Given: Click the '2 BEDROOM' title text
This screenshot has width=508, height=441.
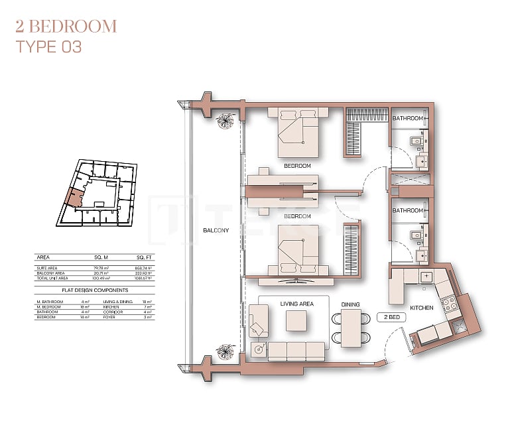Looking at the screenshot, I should (x=66, y=27).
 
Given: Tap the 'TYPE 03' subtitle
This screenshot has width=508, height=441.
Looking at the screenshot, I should (x=48, y=47).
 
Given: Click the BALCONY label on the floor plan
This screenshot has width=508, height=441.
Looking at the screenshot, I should (x=216, y=231).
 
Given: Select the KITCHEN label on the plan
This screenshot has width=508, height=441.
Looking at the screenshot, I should (x=421, y=308).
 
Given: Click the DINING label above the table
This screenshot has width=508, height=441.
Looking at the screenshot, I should (x=350, y=304).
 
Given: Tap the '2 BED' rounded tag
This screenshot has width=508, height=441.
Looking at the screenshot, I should (x=391, y=318).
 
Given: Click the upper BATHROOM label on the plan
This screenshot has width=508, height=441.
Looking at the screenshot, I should (x=407, y=118).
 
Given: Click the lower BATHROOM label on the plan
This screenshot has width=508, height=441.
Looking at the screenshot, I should (x=407, y=210).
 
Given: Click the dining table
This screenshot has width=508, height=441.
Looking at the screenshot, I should (x=350, y=328).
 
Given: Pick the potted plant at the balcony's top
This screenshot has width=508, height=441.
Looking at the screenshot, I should (x=226, y=120).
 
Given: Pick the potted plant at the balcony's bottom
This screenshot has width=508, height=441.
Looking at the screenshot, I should (x=226, y=351).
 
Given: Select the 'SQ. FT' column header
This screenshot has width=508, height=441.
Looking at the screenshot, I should (x=145, y=257).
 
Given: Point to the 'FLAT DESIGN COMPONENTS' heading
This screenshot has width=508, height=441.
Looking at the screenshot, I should (x=95, y=290).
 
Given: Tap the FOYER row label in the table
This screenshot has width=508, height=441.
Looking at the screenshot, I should (x=109, y=318).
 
